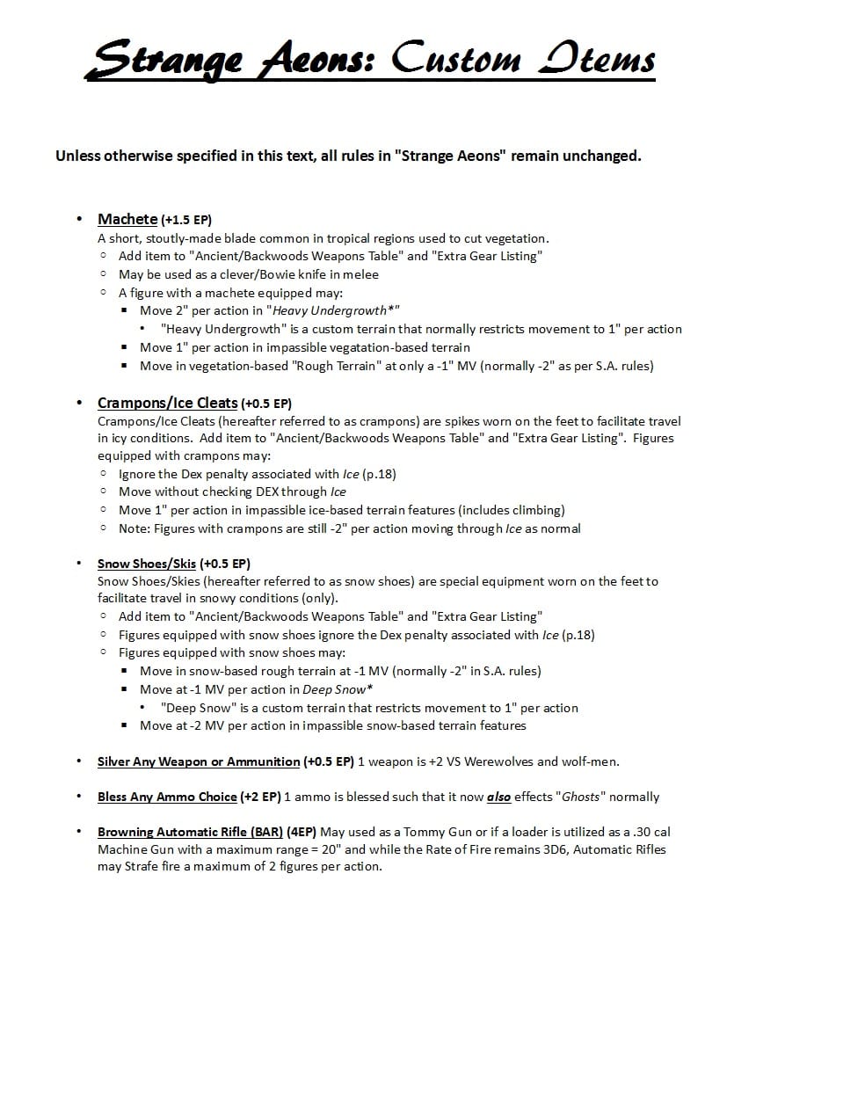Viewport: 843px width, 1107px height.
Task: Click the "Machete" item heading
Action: tap(127, 219)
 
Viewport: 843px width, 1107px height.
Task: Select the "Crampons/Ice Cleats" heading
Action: tap(167, 403)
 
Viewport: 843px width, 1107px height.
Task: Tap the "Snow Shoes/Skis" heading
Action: tap(146, 564)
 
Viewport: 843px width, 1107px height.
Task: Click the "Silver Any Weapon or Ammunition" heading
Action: tap(198, 761)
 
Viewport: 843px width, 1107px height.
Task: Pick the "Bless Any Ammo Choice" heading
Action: tap(167, 797)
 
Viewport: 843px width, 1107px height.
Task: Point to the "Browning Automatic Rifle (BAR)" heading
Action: tap(190, 832)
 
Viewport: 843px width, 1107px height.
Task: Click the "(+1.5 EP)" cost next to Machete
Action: tap(186, 220)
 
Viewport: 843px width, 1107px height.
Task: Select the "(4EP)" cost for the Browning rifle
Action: tap(302, 832)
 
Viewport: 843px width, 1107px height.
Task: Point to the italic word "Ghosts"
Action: tap(580, 797)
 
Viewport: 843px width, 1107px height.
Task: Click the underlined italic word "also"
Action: tap(498, 797)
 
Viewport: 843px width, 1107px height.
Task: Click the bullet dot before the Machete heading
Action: tap(80, 219)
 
